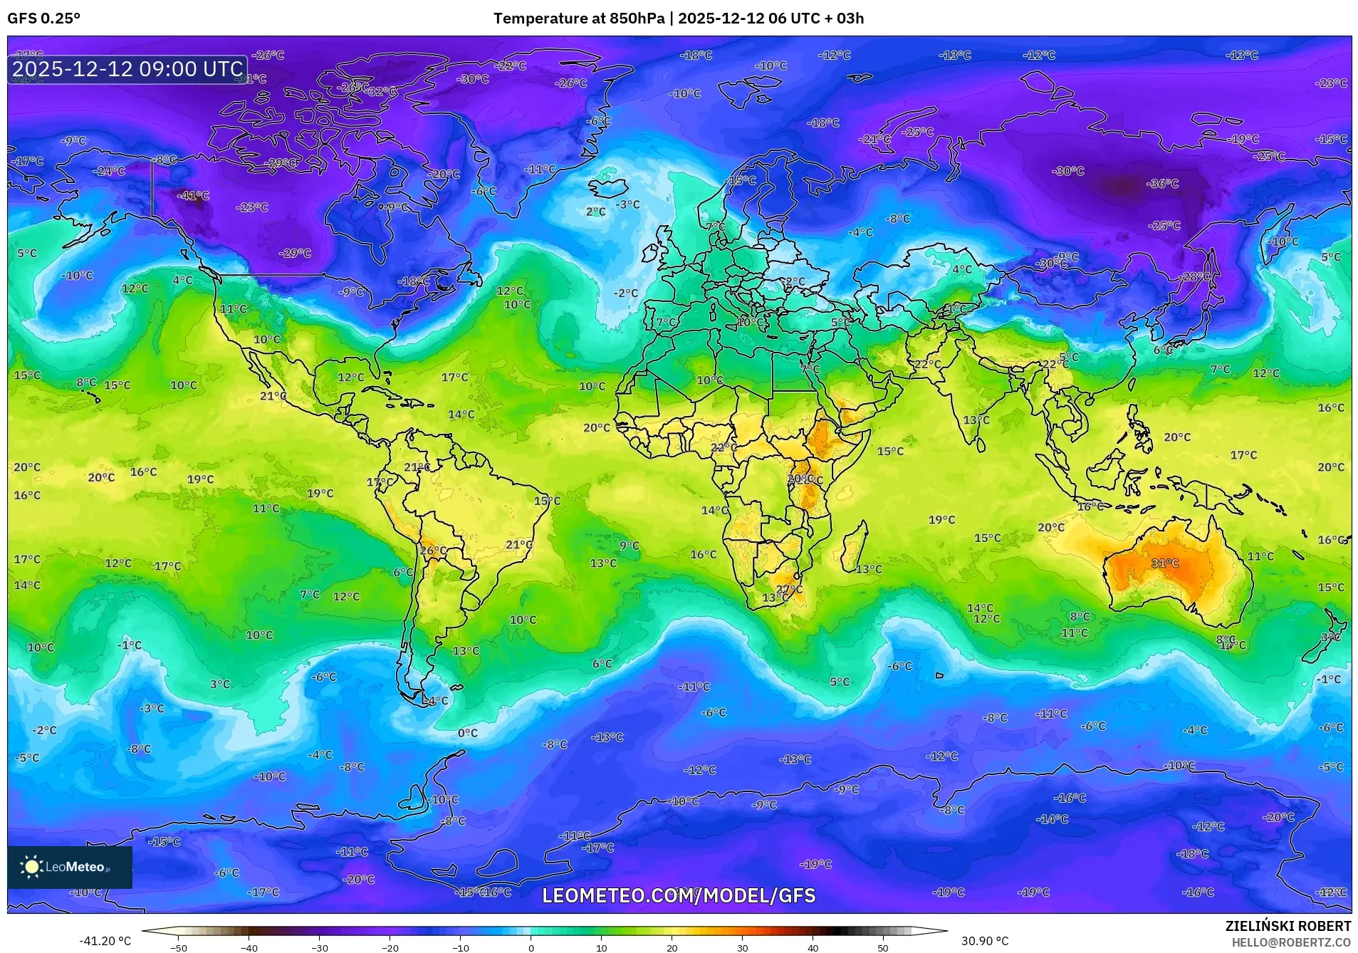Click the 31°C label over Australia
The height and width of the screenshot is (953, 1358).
pos(1165,563)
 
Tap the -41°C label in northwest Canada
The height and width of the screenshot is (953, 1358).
pos(193,195)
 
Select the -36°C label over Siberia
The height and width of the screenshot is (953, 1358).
pos(1162,184)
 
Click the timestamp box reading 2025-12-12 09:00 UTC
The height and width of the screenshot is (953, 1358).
pos(128,69)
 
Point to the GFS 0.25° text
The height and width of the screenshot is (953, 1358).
pos(43,19)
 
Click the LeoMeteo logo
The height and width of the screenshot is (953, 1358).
pos(70,867)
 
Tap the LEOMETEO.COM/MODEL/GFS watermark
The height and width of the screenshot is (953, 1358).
pos(679,895)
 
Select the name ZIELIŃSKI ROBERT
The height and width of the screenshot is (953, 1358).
pos(1288,926)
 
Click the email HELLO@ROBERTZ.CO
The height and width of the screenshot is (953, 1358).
pos(1290,942)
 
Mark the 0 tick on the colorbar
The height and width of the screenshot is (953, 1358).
pos(531,947)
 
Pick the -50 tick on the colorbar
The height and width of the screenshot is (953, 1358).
pos(179,947)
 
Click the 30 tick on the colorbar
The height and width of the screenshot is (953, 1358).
pos(742,947)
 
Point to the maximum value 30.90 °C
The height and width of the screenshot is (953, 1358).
pos(985,941)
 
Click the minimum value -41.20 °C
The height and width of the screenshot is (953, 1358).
pos(105,941)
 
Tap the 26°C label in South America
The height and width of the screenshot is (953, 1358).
pos(433,551)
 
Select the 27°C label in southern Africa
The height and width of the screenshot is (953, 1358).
pos(789,589)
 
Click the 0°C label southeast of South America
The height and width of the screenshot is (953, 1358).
pos(468,733)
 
